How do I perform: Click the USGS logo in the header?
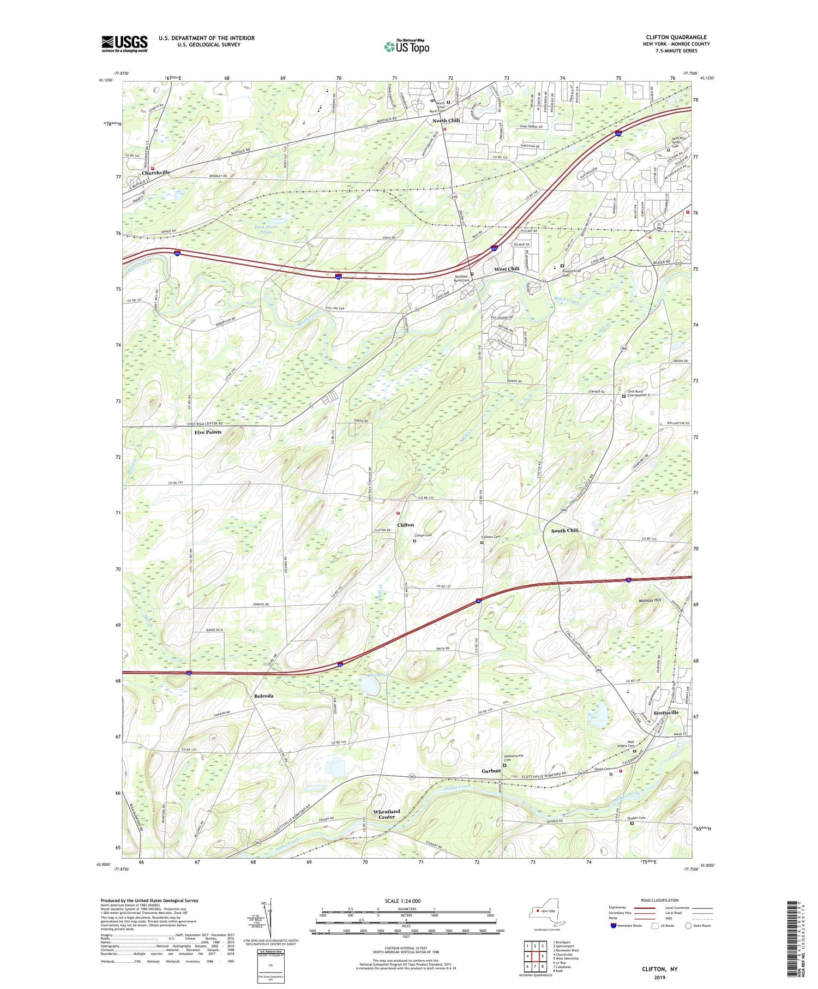[124, 44]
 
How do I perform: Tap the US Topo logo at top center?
[406, 46]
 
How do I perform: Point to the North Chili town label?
[446, 121]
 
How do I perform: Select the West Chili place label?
[507, 269]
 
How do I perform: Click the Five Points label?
[208, 432]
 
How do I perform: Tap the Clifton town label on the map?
[405, 525]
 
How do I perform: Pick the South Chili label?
[564, 530]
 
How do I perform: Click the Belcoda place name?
[264, 697]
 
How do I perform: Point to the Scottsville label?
[666, 713]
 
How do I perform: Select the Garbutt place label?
[491, 771]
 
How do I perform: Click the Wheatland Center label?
[387, 814]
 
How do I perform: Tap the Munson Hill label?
[649, 600]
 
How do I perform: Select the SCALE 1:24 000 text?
[406, 901]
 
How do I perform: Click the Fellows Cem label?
[490, 537]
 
